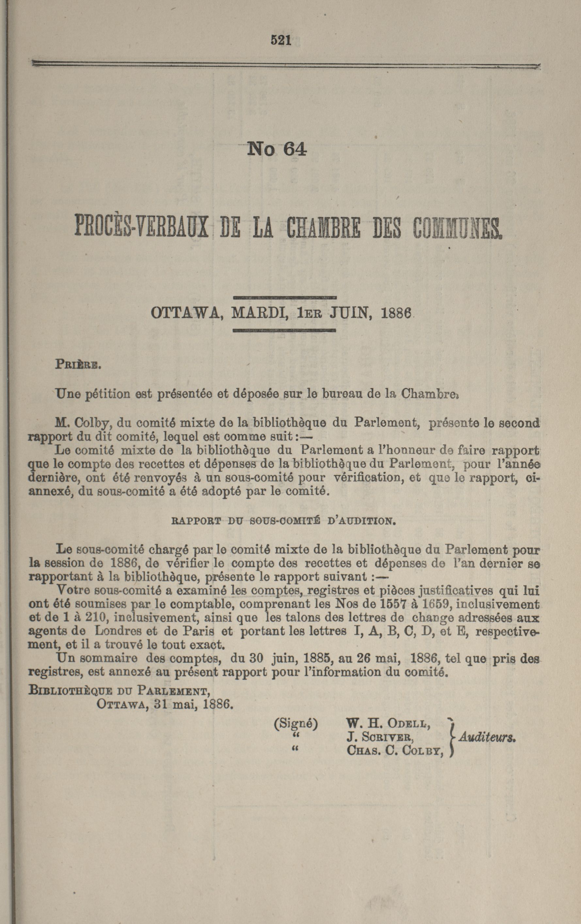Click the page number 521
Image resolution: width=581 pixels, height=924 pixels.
pos(281,40)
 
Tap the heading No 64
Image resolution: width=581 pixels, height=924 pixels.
pos(277,149)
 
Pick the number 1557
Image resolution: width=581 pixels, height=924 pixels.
pos(393,604)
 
